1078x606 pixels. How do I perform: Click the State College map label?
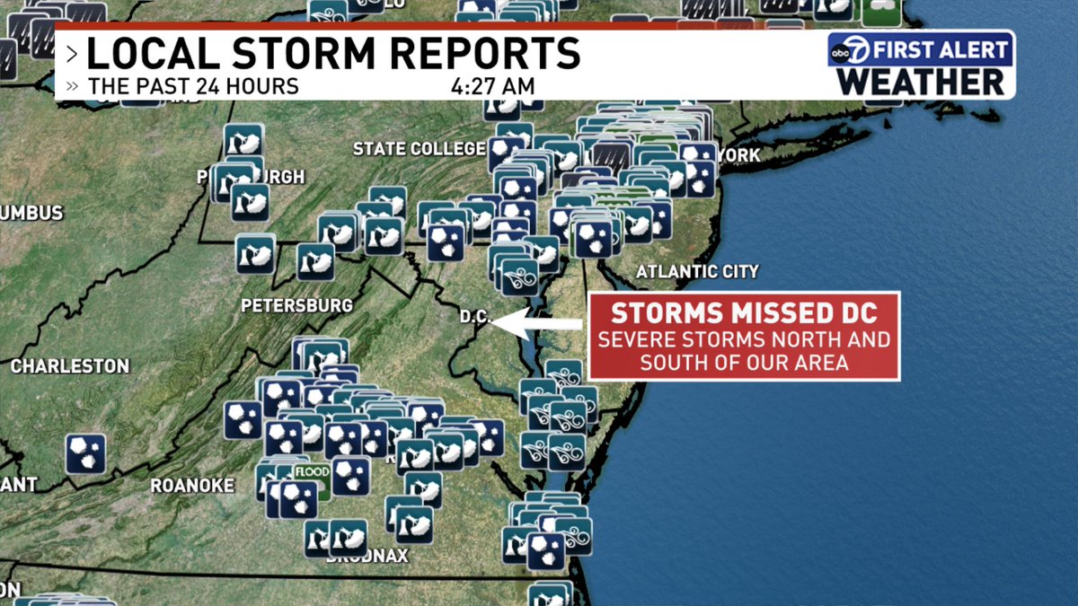(x=420, y=149)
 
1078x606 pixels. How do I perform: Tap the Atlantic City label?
(x=697, y=271)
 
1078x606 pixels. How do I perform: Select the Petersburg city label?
(x=296, y=306)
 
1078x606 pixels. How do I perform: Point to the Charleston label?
(x=70, y=366)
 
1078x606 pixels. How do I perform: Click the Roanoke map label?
(x=192, y=486)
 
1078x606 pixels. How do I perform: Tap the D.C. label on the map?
(x=473, y=317)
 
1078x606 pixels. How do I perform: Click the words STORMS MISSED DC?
(x=744, y=313)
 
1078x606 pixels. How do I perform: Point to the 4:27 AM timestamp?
(x=493, y=87)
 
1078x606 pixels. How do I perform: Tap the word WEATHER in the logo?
(x=921, y=82)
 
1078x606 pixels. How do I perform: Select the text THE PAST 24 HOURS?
(x=193, y=87)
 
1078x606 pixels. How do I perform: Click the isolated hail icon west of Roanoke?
(x=86, y=454)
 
